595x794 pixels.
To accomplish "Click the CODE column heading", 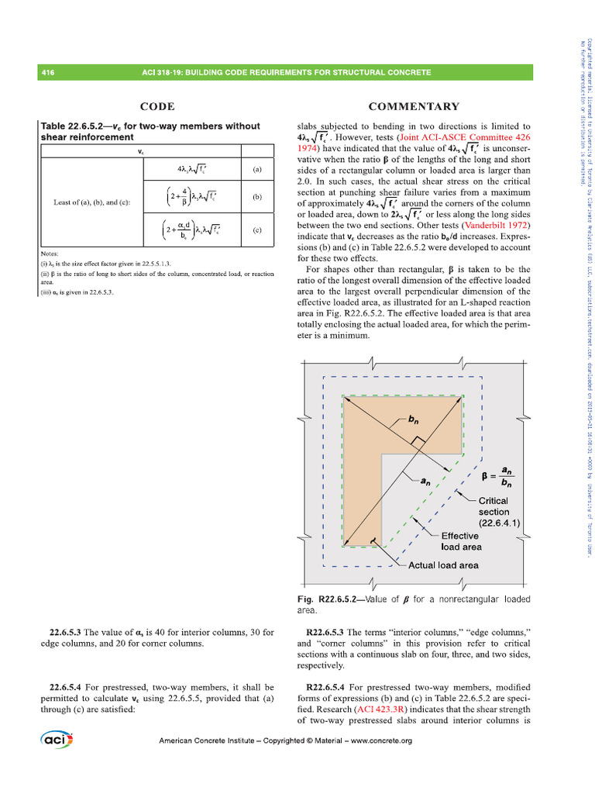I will (156, 107).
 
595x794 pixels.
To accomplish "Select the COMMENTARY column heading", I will (414, 107).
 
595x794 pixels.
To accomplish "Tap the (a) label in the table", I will (256, 167).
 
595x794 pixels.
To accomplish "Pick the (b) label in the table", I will (256, 197).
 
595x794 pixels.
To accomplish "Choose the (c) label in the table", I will (256, 230).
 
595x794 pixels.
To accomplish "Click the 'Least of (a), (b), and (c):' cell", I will (91, 202).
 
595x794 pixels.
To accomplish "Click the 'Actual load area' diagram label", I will (443, 565).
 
